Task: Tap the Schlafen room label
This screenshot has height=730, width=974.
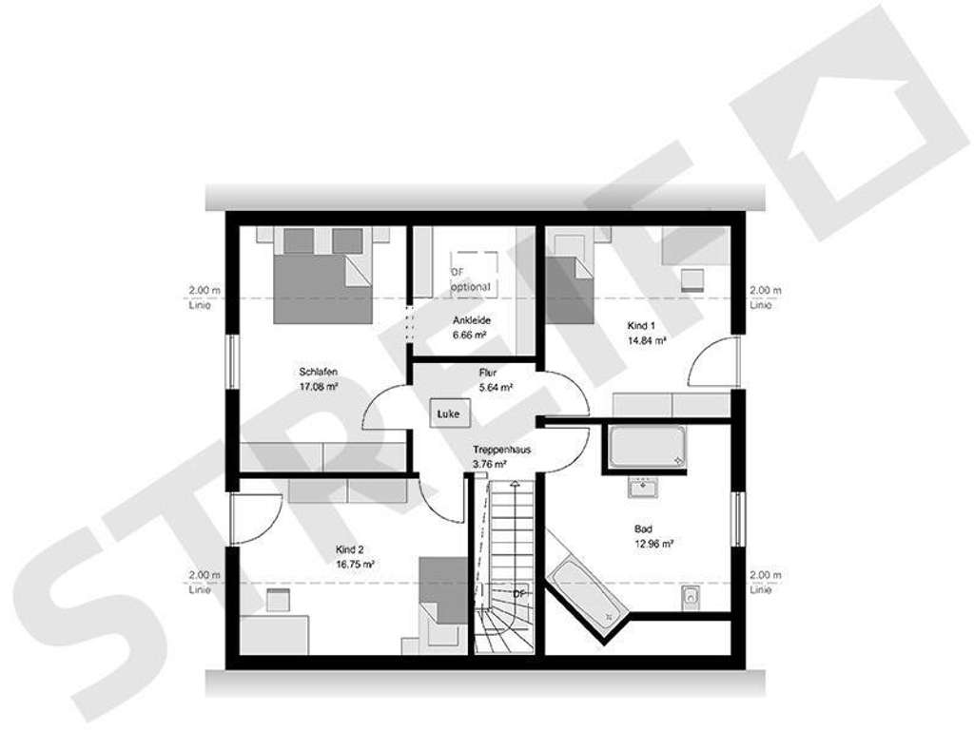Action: coord(319,372)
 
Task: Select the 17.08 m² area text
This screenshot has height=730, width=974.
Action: coord(319,387)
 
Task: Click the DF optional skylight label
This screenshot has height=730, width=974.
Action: coord(471,279)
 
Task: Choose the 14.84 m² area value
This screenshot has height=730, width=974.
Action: coord(646,339)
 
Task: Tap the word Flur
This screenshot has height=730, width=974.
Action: coord(488,374)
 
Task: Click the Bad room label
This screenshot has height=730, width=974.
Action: coord(644,529)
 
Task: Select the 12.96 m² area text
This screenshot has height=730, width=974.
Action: coord(654,545)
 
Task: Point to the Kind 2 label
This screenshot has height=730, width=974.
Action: coord(351,549)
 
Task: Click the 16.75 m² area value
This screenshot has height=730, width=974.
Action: coord(355,564)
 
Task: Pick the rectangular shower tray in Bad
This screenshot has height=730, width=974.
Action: coord(647,448)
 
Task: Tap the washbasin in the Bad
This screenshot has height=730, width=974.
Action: coord(636,490)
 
